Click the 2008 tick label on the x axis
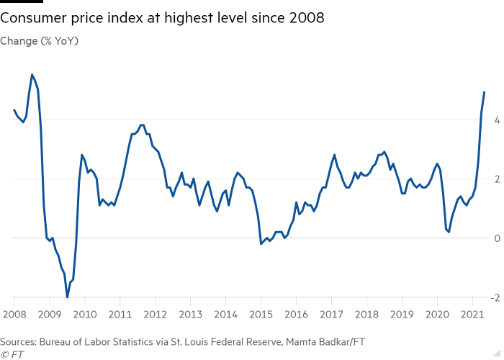14,315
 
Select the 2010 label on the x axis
85,315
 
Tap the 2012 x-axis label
155,315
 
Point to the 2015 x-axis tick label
261,315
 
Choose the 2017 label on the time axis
331,315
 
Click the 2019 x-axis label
402,315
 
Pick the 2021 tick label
472,315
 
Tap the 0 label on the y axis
493,238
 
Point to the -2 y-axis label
492,297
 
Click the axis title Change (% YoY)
40,41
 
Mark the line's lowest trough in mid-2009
67,296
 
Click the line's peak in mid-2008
32,74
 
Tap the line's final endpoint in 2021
485,91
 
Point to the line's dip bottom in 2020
449,232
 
